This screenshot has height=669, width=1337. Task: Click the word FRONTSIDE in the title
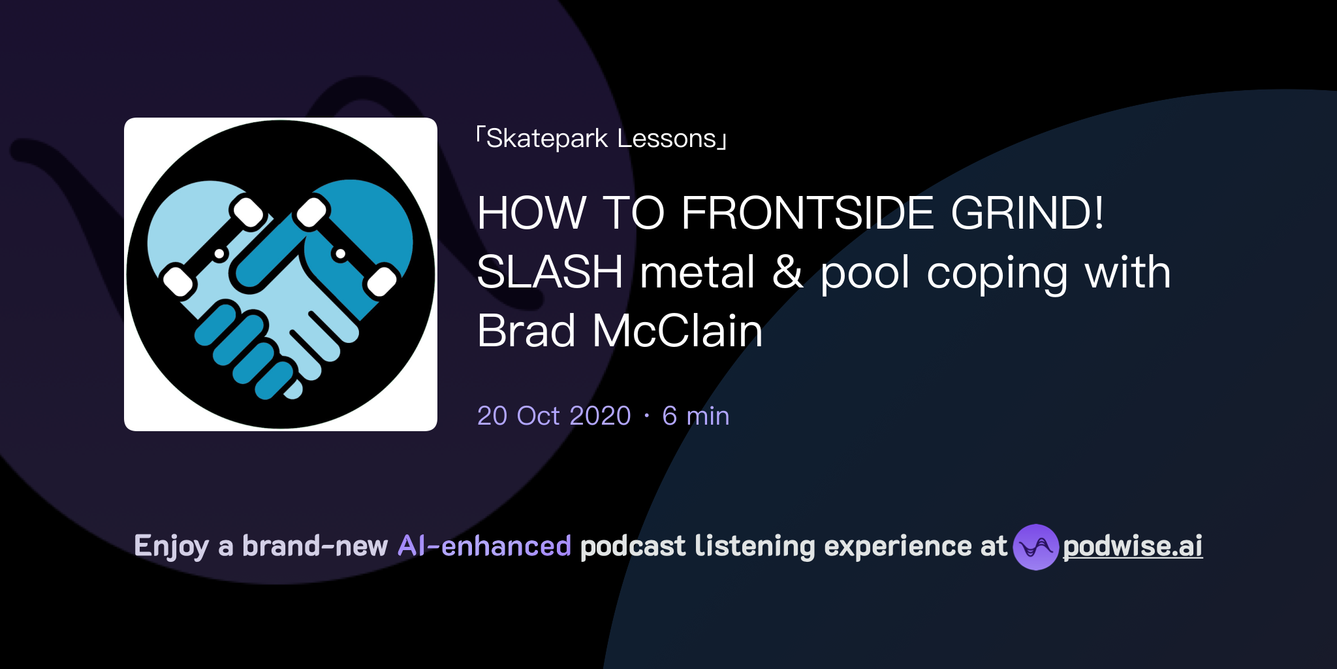click(808, 213)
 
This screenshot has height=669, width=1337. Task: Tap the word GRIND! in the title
click(1028, 213)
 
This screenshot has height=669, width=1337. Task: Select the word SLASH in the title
click(550, 272)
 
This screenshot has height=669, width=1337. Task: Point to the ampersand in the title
click(787, 272)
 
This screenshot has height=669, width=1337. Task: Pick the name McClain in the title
click(678, 331)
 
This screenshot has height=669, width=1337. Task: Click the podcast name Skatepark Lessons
click(601, 139)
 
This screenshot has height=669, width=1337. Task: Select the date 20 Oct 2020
click(554, 416)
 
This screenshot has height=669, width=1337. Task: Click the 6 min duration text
click(695, 416)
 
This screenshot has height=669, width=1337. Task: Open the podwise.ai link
click(1133, 546)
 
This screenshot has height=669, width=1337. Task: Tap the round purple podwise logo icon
click(1035, 547)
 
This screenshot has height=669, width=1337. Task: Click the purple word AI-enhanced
click(484, 546)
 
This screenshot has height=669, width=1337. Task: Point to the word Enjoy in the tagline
click(172, 547)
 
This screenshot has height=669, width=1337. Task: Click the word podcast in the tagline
click(633, 546)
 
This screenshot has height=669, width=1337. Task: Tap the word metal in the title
click(697, 272)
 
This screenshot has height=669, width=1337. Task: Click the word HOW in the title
click(531, 213)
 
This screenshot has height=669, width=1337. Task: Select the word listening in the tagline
click(755, 547)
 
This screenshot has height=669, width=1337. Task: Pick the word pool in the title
click(865, 273)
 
